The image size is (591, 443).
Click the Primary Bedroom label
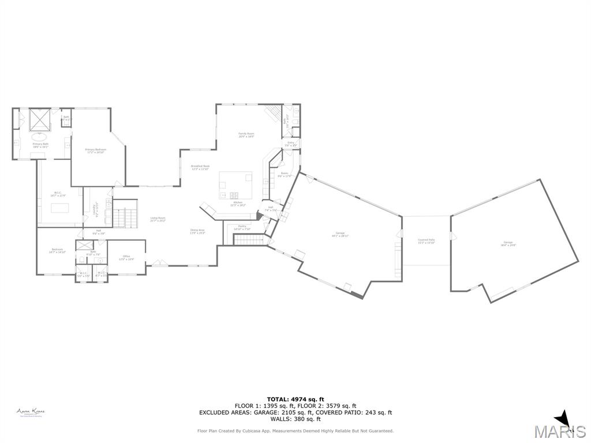coord(96,151)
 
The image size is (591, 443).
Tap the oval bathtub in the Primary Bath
coord(40,137)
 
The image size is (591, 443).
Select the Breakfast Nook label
coord(200,167)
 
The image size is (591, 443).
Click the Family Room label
coord(246,135)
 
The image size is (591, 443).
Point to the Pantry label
coord(242,227)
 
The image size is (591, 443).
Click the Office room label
coord(126,257)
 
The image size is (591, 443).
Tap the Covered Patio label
coord(427,241)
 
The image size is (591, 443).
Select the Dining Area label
coord(198,231)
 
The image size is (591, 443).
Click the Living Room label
coord(158,219)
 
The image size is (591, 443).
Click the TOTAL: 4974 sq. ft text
coord(295,399)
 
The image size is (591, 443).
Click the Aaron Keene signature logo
coord(31,412)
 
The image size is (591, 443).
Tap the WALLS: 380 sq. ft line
coord(295,419)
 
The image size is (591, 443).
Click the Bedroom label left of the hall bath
coord(58,251)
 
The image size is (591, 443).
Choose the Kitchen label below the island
coord(238,204)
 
